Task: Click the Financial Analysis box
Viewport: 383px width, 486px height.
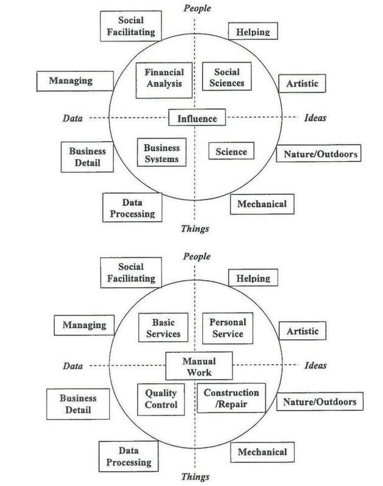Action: [163, 78]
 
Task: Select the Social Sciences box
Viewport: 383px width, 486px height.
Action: [223, 77]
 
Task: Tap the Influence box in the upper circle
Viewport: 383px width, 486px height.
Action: [197, 118]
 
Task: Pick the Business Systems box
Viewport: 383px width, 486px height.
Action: [162, 153]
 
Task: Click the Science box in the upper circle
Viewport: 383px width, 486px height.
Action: [231, 152]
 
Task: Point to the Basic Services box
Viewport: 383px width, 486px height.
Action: [163, 328]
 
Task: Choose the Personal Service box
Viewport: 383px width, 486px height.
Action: [226, 328]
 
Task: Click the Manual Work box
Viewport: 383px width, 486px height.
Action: [199, 366]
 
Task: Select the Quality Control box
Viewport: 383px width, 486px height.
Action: [161, 399]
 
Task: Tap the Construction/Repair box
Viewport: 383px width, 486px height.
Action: [231, 398]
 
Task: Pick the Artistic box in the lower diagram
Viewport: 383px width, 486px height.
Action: [302, 332]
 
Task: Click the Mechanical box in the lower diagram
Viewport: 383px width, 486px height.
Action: [262, 453]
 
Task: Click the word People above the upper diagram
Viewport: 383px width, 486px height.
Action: [196, 8]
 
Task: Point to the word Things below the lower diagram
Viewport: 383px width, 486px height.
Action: [195, 477]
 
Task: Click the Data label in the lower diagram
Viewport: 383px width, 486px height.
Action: [73, 365]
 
